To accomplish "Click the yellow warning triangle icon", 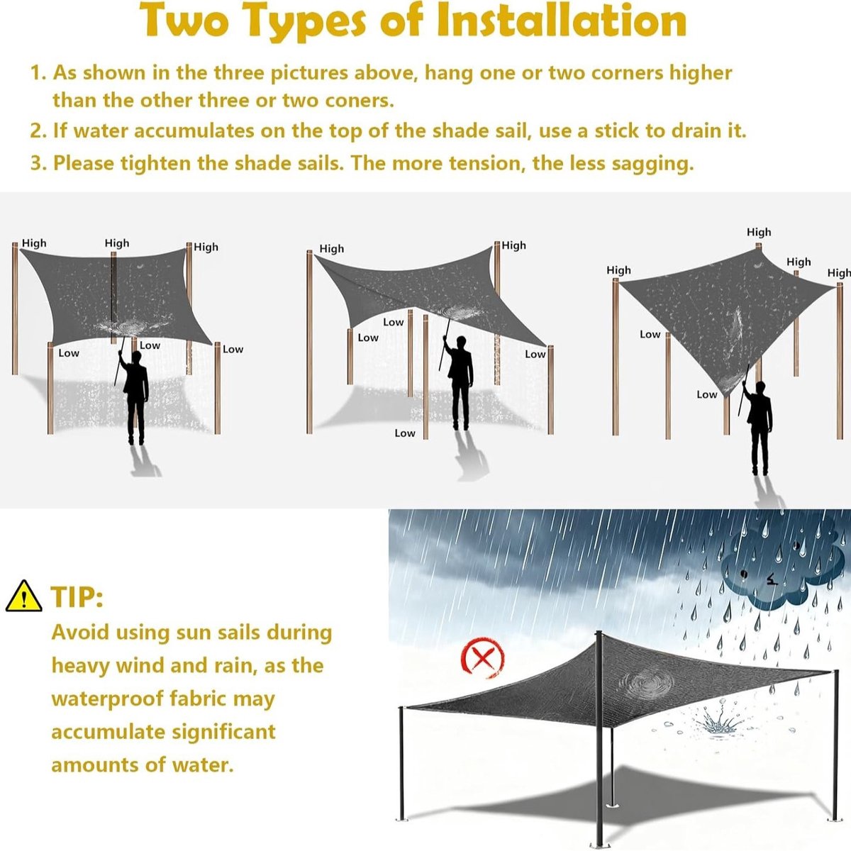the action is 24,596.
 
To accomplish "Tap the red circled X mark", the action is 482,657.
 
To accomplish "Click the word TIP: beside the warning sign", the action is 77,597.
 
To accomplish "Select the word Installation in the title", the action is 561,21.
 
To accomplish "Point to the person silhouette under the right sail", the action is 757,428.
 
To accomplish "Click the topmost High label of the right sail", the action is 759,232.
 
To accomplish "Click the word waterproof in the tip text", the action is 108,700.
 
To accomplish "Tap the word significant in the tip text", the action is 223,733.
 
